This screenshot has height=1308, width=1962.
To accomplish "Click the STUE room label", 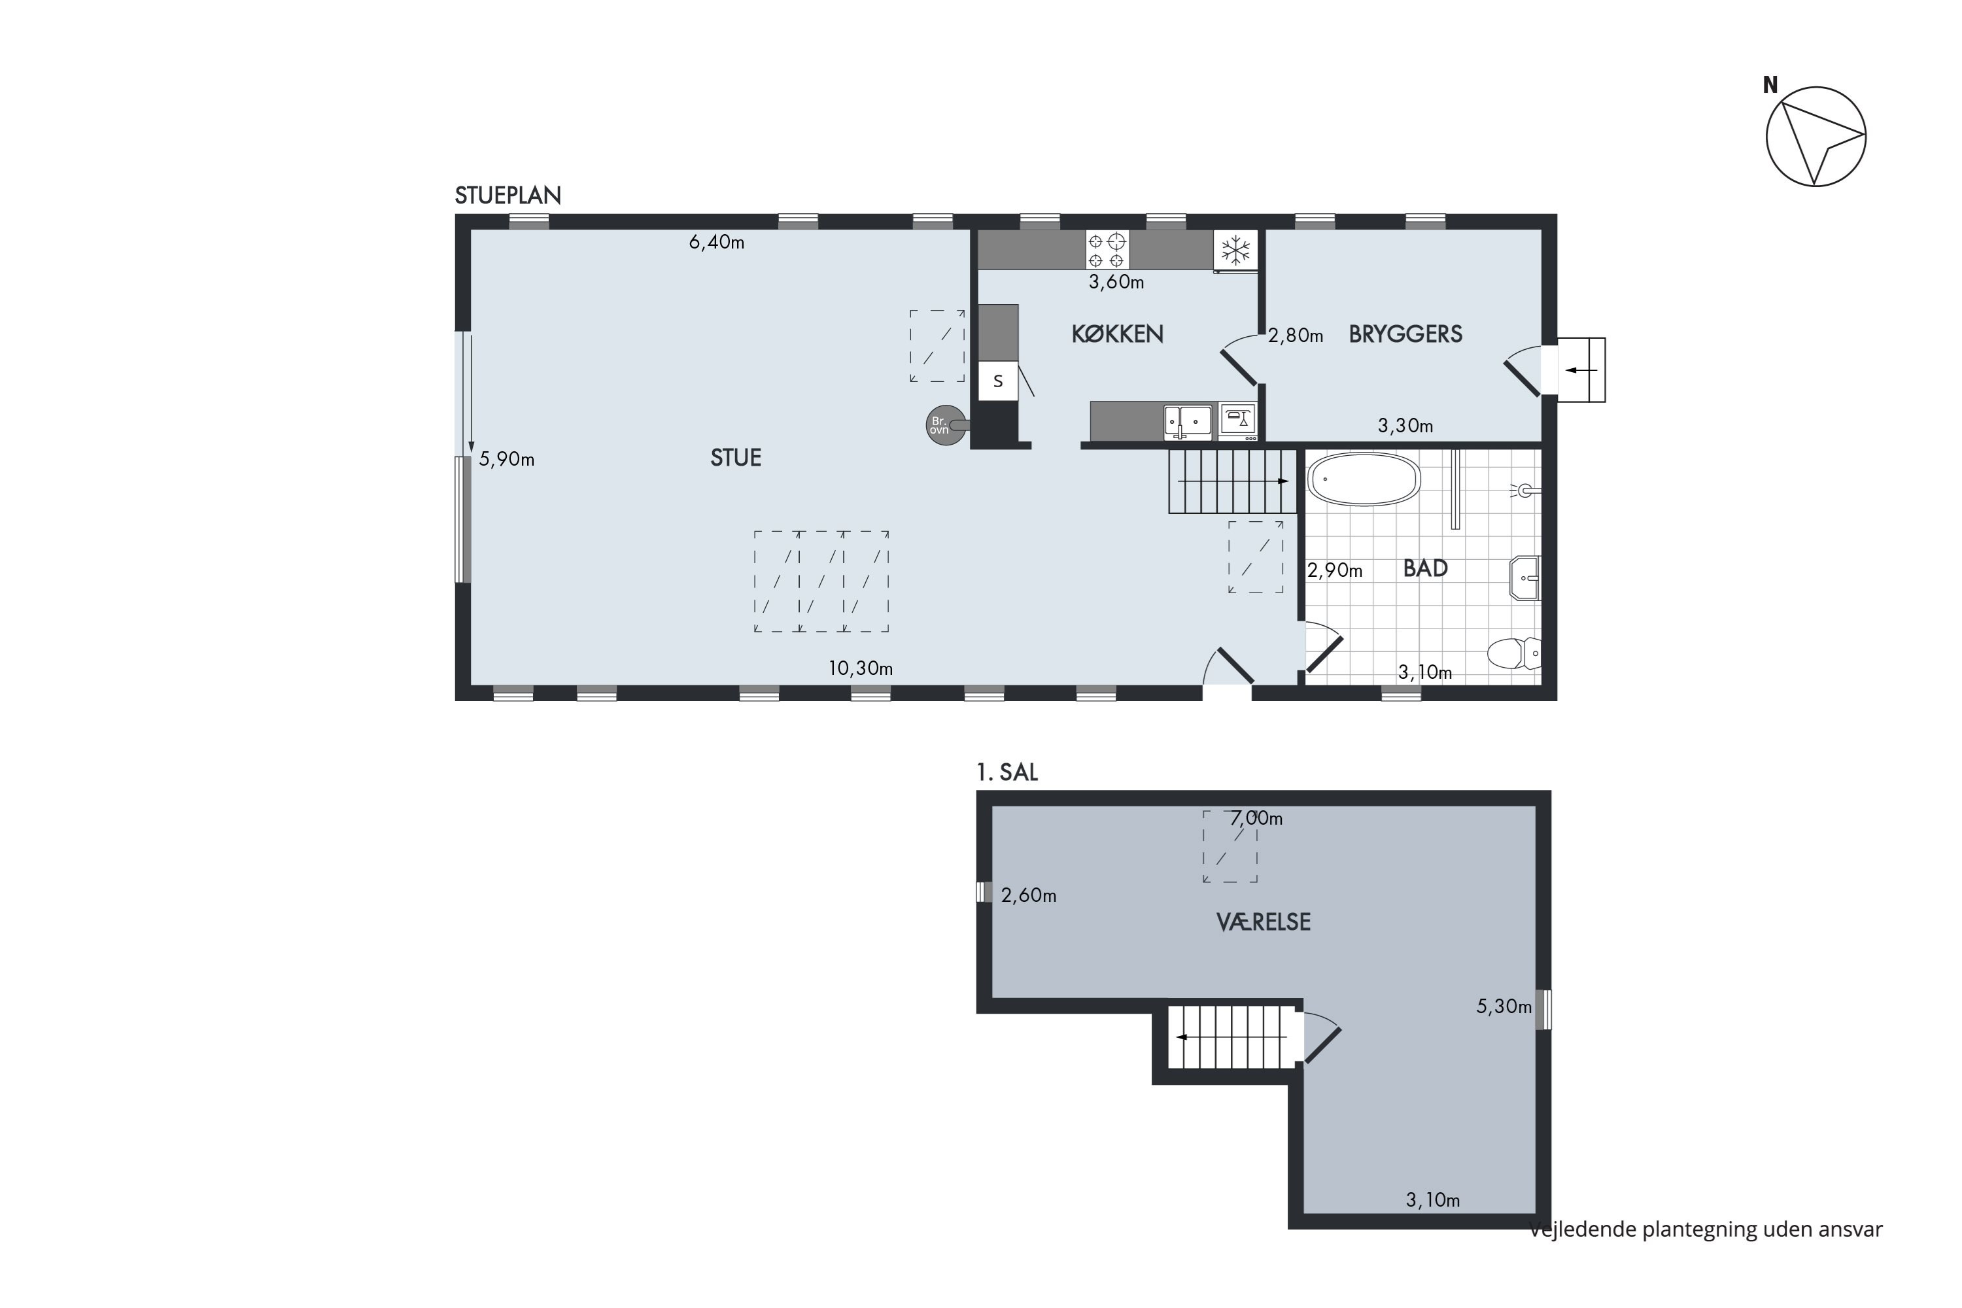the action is (x=736, y=457).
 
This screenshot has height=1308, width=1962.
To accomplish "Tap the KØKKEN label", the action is (x=1117, y=334).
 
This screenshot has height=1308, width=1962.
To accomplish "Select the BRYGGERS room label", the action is (x=1405, y=334).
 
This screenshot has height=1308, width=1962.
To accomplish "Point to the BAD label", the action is (x=1425, y=568).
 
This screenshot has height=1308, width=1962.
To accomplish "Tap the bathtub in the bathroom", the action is (x=1364, y=479).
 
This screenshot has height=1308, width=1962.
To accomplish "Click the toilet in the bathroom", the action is (x=1514, y=653).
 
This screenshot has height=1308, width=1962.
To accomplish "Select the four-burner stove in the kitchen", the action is (x=1107, y=249).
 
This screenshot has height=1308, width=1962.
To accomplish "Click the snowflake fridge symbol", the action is (x=1235, y=249).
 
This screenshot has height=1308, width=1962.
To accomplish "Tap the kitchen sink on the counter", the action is (x=1188, y=422).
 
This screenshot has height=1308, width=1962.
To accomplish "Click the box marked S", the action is (x=998, y=381).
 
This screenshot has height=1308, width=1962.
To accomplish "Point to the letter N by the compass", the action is (x=1770, y=85).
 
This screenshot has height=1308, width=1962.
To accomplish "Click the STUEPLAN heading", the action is (x=508, y=195).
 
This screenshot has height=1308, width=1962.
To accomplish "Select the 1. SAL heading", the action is (x=1007, y=772).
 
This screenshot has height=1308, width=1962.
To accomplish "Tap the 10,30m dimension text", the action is (x=860, y=668).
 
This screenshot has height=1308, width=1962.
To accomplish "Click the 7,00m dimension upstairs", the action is (x=1256, y=818).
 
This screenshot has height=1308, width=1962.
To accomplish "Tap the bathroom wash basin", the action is (x=1524, y=578).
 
